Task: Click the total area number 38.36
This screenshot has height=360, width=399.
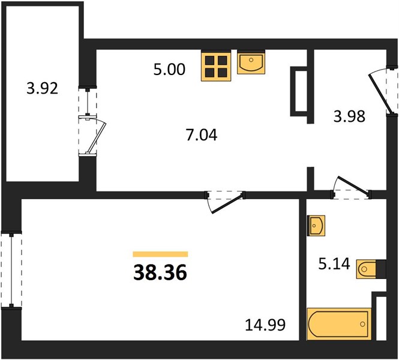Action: [160, 272]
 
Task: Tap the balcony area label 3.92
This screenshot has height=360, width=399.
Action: [42, 89]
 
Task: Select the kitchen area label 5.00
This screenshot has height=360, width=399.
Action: [169, 69]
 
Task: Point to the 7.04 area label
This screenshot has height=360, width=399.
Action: [202, 135]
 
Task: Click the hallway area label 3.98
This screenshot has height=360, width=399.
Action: [349, 116]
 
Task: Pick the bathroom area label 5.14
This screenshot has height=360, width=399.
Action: [334, 264]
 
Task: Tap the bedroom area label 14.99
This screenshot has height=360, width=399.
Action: [265, 325]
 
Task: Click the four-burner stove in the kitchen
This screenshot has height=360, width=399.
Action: [216, 66]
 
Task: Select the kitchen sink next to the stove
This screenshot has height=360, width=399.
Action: [251, 62]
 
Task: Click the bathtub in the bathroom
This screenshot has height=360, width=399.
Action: [339, 323]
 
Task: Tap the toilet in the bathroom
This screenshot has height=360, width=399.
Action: [371, 269]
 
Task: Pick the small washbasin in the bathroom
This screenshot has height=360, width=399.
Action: [316, 226]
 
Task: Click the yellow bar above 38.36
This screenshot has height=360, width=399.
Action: [160, 254]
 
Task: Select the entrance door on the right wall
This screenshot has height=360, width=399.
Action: [380, 93]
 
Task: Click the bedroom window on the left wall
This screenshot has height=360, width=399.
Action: [11, 270]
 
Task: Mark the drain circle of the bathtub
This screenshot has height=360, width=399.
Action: [362, 324]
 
